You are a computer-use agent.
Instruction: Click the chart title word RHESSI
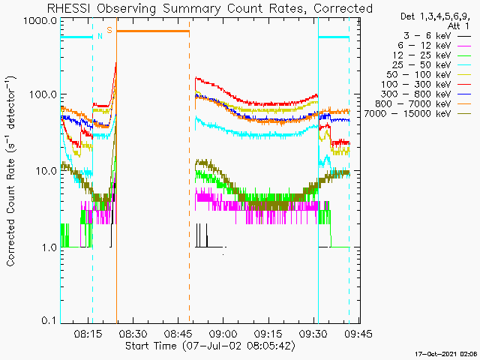pyautogui.click(x=70, y=8)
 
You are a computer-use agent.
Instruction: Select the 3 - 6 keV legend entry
pyautogui.click(x=437, y=36)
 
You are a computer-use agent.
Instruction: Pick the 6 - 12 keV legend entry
pyautogui.click(x=434, y=46)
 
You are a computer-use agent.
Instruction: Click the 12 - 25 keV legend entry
pyautogui.click(x=432, y=55)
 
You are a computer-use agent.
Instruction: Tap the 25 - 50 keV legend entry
pyautogui.click(x=432, y=65)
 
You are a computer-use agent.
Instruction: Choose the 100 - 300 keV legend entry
pyautogui.click(x=426, y=85)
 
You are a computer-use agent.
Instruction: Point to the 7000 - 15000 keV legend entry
pyautogui.click(x=418, y=114)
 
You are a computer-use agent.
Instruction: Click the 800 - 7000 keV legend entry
pyautogui.click(x=423, y=104)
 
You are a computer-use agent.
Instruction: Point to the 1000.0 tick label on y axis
pyautogui.click(x=40, y=21)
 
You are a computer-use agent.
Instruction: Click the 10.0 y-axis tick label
pyautogui.click(x=45, y=171)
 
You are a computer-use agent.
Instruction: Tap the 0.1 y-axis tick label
pyautogui.click(x=48, y=320)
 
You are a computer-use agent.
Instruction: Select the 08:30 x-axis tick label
pyautogui.click(x=133, y=333)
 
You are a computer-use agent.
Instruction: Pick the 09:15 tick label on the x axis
pyautogui.click(x=268, y=333)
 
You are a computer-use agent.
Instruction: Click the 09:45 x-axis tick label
pyautogui.click(x=358, y=333)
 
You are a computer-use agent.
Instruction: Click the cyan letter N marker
pyautogui.click(x=100, y=36)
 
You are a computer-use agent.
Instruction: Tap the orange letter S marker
pyautogui.click(x=109, y=30)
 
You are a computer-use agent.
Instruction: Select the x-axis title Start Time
pyautogui.click(x=151, y=346)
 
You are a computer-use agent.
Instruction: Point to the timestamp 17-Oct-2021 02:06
pyautogui.click(x=447, y=354)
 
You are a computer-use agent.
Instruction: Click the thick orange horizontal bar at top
pyautogui.click(x=153, y=31)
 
